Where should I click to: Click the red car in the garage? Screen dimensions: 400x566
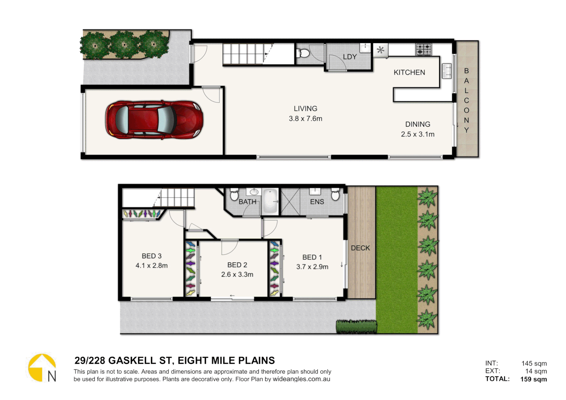coord(154,120)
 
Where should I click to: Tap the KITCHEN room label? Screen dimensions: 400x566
coord(409,73)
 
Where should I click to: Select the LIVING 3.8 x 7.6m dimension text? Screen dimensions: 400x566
coord(306,119)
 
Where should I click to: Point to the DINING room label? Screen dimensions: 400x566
coord(417,124)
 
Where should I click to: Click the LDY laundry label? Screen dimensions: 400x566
coord(350,57)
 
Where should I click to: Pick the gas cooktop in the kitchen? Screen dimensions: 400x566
coord(424,49)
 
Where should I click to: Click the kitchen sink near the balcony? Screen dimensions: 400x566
coord(447,71)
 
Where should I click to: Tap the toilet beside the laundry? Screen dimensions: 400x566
coord(303,53)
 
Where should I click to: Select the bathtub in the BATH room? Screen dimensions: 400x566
coord(270,201)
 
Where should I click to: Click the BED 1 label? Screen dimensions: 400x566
coord(312,257)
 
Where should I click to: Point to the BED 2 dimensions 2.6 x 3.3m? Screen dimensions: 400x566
coord(237,274)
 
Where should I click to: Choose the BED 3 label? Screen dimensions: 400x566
coord(152,256)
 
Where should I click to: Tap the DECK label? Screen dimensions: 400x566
coord(360,248)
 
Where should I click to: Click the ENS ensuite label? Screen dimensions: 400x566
coord(317,202)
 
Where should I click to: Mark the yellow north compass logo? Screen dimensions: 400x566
coord(42,368)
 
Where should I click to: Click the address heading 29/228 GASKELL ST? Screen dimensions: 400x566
coord(174,360)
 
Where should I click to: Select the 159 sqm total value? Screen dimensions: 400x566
coord(533,379)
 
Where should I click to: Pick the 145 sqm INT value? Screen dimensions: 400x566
coord(534,363)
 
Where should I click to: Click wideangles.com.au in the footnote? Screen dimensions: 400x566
coord(301,379)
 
